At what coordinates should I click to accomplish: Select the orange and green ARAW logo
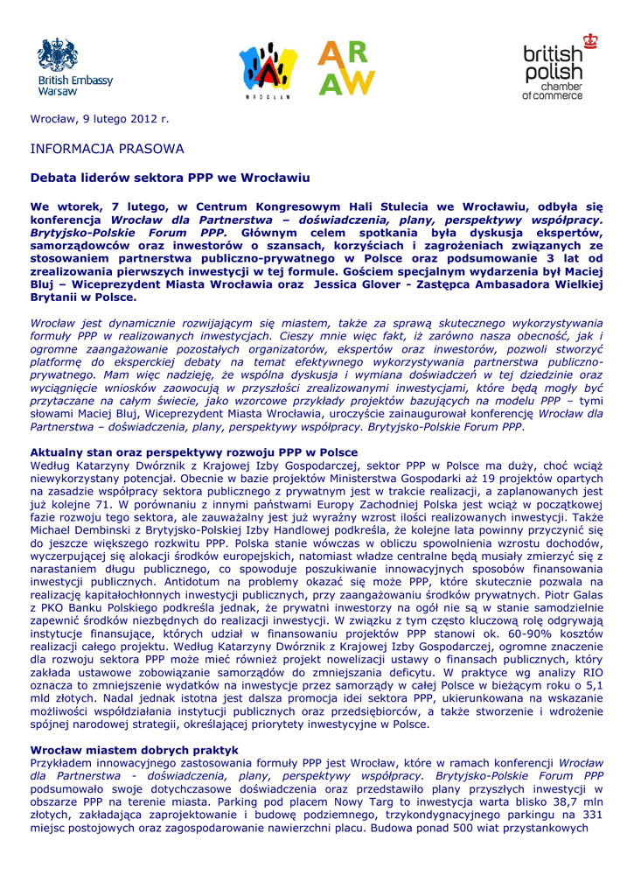click(x=345, y=68)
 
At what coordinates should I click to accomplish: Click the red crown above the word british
click(x=590, y=40)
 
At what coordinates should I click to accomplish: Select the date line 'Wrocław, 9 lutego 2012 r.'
click(x=100, y=118)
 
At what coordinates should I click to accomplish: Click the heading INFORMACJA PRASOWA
click(x=107, y=149)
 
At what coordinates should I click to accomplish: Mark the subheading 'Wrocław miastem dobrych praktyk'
click(x=134, y=750)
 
